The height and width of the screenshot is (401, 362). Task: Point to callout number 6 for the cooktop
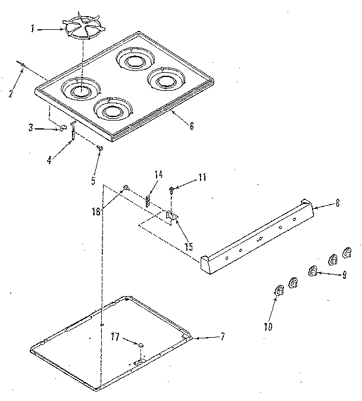coord(191,127)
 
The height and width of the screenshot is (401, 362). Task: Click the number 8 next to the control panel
coord(338,203)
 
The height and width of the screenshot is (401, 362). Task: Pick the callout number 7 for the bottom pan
coord(222,337)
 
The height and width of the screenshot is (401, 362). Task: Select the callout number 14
coord(158,175)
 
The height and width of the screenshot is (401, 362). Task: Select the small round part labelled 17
coord(140,346)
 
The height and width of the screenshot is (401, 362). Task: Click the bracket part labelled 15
coord(170,217)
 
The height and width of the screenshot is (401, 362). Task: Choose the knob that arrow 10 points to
coord(278,291)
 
